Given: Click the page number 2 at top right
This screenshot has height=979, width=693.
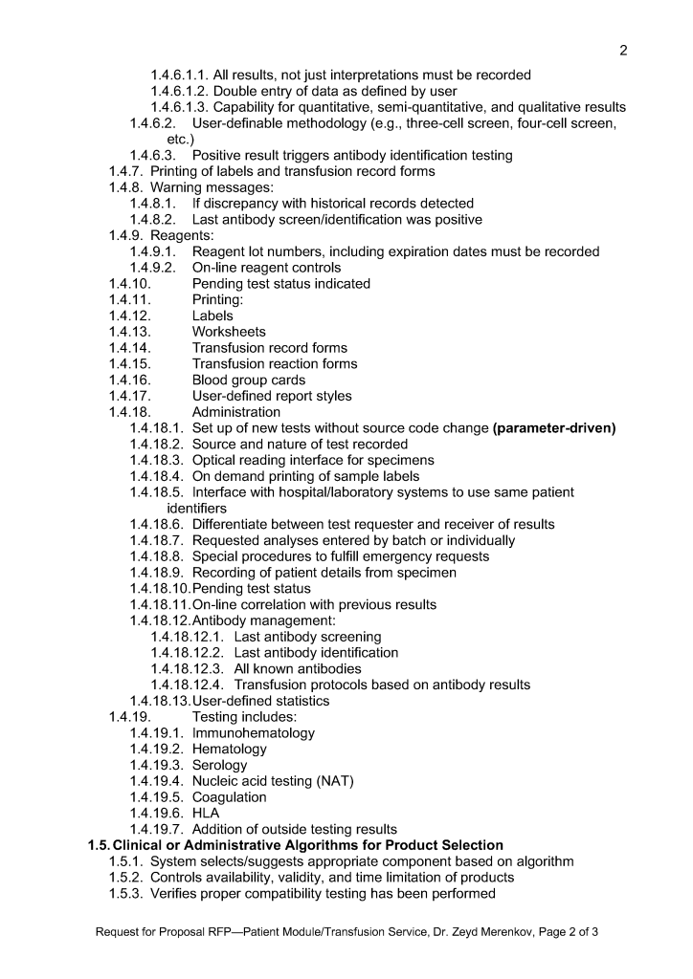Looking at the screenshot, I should pyautogui.click(x=622, y=50).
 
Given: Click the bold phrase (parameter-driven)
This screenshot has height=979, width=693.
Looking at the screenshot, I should pyautogui.click(x=553, y=428).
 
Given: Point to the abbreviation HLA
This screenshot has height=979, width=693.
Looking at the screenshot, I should pyautogui.click(x=207, y=813).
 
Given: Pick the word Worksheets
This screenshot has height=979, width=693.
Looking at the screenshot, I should pyautogui.click(x=229, y=332).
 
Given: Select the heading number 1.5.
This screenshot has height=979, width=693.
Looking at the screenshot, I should pyautogui.click(x=99, y=845).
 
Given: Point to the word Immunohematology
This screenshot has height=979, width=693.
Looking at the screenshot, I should pyautogui.click(x=254, y=732).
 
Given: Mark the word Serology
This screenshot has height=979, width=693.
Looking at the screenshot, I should pyautogui.click(x=219, y=765).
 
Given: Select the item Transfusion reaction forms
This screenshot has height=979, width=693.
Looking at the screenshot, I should pyautogui.click(x=275, y=363).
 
